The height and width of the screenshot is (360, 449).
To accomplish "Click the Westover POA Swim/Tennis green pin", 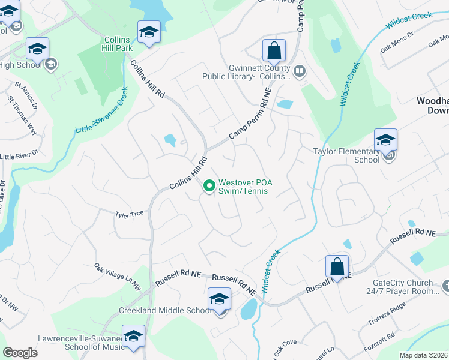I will point(209,187).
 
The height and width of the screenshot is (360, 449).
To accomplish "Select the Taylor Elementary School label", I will point(346,156).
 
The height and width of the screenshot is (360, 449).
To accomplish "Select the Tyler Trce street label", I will point(128,214).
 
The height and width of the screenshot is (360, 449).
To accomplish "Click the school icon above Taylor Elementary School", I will point(385,140).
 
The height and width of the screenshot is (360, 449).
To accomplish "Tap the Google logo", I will point(20,353).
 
